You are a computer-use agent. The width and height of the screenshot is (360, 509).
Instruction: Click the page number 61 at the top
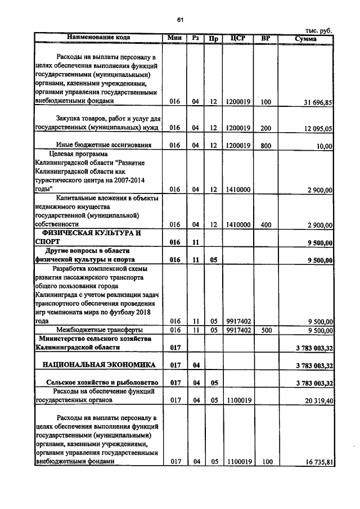pyautogui.click(x=180, y=20)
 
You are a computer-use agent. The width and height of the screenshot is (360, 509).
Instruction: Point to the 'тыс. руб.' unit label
pyautogui.click(x=318, y=30)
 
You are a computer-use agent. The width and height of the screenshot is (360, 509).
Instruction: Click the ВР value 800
pyautogui.click(x=265, y=145)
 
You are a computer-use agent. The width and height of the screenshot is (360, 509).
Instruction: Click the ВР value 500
pyautogui.click(x=265, y=330)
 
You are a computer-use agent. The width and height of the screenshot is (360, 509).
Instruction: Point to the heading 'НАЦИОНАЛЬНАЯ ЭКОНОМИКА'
pyautogui.click(x=99, y=365)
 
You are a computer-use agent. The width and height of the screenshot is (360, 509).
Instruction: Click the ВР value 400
pyautogui.click(x=265, y=224)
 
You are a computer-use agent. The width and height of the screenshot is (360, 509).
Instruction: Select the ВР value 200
pyautogui.click(x=265, y=128)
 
